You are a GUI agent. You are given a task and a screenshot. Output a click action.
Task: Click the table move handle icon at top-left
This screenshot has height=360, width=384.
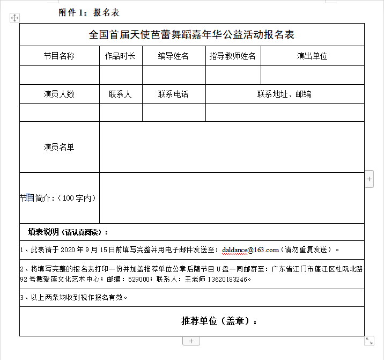[x=14, y=18]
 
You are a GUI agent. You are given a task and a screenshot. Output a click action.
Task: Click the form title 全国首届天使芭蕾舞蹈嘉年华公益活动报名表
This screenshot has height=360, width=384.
[x=191, y=35]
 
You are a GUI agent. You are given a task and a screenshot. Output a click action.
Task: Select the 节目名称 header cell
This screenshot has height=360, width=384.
[x=59, y=56]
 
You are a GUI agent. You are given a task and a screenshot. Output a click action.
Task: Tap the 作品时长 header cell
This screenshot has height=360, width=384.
[x=120, y=56]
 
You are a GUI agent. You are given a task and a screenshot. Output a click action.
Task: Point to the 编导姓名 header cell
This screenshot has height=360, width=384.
[x=173, y=56]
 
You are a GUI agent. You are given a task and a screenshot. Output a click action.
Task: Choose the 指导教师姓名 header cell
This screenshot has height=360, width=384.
[x=233, y=56]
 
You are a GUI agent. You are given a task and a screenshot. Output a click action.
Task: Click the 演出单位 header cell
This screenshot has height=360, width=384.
[x=312, y=56]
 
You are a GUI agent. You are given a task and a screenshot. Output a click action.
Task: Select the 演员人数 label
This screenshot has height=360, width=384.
[x=59, y=94]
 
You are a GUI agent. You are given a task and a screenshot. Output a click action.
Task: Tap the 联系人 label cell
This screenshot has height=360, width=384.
[x=120, y=94]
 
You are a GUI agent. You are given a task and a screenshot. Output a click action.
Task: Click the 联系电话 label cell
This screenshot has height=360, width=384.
[x=173, y=94]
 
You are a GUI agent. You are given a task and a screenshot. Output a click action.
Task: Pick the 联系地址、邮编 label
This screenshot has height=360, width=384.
[x=284, y=94]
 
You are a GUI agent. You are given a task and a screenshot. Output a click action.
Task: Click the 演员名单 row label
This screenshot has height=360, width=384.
[x=59, y=146]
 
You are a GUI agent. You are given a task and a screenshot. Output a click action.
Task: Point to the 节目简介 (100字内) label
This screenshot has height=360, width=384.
[x=58, y=198]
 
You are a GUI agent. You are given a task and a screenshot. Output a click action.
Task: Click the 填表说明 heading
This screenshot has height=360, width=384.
[x=68, y=232]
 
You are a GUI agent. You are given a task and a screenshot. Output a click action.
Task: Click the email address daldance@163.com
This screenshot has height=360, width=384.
[x=250, y=249]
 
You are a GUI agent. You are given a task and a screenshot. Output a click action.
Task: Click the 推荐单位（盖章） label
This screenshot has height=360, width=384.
[x=219, y=321]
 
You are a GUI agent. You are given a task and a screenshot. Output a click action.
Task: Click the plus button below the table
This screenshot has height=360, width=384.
[x=191, y=341]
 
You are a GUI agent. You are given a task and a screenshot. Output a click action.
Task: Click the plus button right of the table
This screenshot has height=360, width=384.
[x=370, y=179]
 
